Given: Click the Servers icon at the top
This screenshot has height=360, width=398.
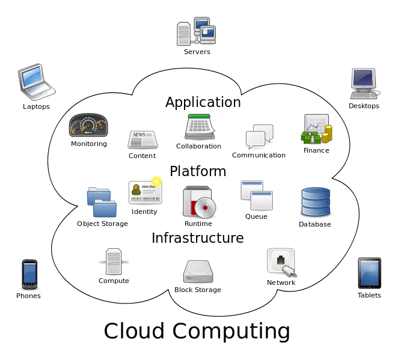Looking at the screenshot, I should point(196,33).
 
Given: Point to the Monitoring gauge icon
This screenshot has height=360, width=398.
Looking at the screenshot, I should point(88,125).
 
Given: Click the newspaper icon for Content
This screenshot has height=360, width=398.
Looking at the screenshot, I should point(142,139).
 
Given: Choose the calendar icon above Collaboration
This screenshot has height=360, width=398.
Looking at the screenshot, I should point(198,127).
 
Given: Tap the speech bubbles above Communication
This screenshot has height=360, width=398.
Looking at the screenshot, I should point(259,137).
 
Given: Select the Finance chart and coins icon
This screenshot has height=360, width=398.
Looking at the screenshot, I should point(316,129).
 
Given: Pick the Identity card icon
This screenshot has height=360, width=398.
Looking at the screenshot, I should point(145,192).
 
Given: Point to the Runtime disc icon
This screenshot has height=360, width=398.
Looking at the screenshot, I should point(198,202).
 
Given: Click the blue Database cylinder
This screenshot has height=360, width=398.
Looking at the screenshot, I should point(315,203).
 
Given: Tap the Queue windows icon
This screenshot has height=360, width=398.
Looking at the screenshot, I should point(257,195).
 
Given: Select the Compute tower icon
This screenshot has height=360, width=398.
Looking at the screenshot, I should point(114,262).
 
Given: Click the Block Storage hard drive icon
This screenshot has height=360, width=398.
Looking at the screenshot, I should point(198,272).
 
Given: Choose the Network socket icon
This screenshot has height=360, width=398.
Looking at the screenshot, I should point(281,262).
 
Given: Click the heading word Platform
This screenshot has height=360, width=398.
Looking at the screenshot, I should point(198,171).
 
